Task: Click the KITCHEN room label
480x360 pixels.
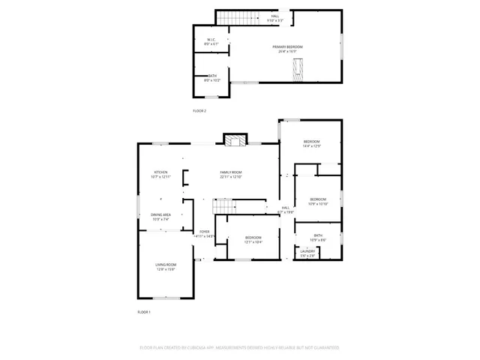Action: click(161, 172)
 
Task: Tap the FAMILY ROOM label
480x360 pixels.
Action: click(230, 172)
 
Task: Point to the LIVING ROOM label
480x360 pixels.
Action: click(166, 264)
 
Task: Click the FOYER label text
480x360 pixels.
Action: click(205, 232)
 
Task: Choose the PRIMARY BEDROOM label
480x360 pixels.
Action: click(287, 46)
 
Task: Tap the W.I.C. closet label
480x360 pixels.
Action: click(212, 40)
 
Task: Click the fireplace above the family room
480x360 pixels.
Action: click(235, 139)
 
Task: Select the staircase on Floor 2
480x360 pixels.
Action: click(232, 16)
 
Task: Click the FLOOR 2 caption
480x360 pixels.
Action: click(199, 110)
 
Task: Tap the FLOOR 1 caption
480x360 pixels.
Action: click(144, 311)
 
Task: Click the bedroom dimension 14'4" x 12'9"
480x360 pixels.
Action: click(311, 146)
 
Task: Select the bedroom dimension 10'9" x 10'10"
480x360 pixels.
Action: click(318, 203)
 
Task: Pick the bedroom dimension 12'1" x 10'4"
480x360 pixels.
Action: click(253, 242)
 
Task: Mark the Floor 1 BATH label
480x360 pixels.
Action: click(318, 235)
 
